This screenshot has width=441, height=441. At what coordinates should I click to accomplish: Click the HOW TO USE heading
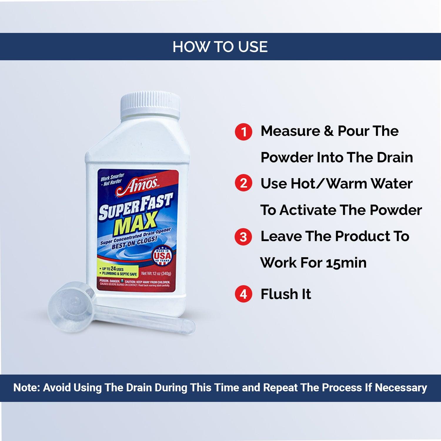[220, 47]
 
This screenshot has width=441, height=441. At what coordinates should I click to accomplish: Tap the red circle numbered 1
[243, 132]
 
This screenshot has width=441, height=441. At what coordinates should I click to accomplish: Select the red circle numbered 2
[243, 183]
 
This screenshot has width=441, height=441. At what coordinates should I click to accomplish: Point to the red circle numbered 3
[243, 237]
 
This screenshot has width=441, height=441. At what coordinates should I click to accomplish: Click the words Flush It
[286, 294]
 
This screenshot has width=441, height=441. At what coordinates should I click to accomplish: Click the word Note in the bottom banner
[27, 387]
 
